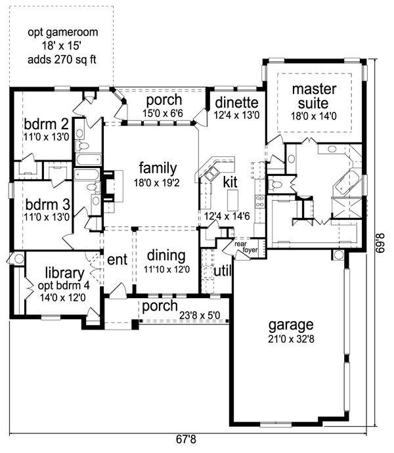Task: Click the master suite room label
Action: pyautogui.click(x=314, y=96)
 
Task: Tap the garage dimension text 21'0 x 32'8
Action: pyautogui.click(x=291, y=339)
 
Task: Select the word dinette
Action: pyautogui.click(x=237, y=102)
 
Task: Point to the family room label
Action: pyautogui.click(x=158, y=168)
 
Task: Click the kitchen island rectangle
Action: pyautogui.click(x=232, y=200)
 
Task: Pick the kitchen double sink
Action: pyautogui.click(x=211, y=173)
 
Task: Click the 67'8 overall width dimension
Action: pyautogui.click(x=186, y=439)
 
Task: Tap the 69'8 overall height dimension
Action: pyautogui.click(x=381, y=243)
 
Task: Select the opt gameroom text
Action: pyautogui.click(x=63, y=32)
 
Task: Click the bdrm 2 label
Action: pyautogui.click(x=46, y=124)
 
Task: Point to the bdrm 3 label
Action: pyautogui.click(x=48, y=205)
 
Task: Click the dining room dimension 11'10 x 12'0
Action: pyautogui.click(x=167, y=269)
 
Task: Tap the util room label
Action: pyautogui.click(x=223, y=271)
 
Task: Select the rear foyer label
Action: pyautogui.click(x=246, y=247)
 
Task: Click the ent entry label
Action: pyautogui.click(x=117, y=259)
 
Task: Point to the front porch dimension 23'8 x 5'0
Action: pyautogui.click(x=200, y=315)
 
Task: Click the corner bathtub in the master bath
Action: pyautogui.click(x=347, y=183)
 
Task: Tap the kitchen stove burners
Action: pyautogui.click(x=260, y=202)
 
